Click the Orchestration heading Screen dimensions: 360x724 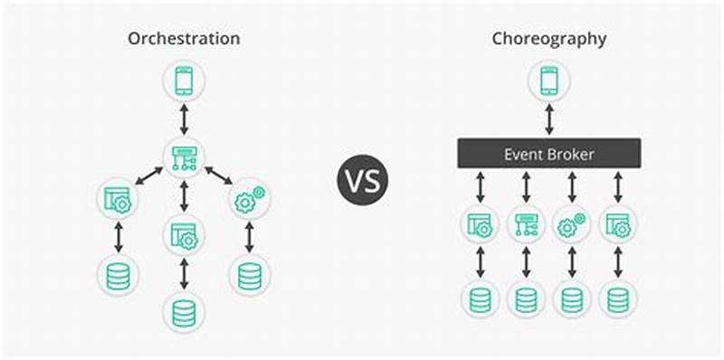click(184, 39)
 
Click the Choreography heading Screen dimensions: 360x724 click(548, 39)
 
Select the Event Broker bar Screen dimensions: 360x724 click(548, 154)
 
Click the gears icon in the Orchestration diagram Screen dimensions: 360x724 click(250, 200)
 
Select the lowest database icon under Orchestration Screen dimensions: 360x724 click(184, 312)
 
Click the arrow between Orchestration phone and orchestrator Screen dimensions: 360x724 click(184, 118)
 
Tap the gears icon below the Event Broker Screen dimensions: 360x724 click(571, 224)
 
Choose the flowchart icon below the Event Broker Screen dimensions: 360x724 click(525, 224)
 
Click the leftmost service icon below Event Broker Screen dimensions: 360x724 click(478, 224)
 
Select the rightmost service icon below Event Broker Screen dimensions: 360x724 click(618, 224)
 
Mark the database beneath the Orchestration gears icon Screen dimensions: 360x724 click(250, 275)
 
